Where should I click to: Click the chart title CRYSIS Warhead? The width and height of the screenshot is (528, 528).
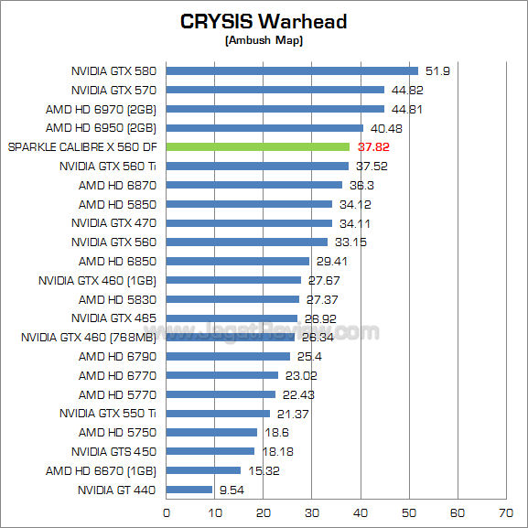pyautogui.click(x=264, y=21)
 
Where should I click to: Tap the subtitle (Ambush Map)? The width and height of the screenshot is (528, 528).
pyautogui.click(x=264, y=40)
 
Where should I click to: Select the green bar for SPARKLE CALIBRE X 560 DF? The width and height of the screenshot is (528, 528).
pyautogui.click(x=257, y=146)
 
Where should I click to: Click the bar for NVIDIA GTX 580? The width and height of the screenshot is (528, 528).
pyautogui.click(x=292, y=70)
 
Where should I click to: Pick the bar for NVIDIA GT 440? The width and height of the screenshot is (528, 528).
pyautogui.click(x=189, y=490)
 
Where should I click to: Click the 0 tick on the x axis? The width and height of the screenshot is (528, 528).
pyautogui.click(x=166, y=512)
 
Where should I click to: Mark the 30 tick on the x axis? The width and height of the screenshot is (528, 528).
pyautogui.click(x=312, y=512)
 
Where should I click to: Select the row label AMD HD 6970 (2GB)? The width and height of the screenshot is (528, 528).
pyautogui.click(x=102, y=109)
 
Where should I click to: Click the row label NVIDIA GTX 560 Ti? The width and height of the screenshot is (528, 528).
pyautogui.click(x=108, y=166)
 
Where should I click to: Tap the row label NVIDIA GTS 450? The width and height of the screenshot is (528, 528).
pyautogui.click(x=114, y=451)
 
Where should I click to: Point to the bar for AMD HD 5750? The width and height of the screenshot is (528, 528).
pyautogui.click(x=211, y=432)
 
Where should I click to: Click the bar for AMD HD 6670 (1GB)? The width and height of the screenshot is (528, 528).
pyautogui.click(x=203, y=470)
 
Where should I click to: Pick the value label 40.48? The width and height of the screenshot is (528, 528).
pyautogui.click(x=388, y=128)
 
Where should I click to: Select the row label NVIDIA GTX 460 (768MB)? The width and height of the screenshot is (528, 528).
pyautogui.click(x=89, y=337)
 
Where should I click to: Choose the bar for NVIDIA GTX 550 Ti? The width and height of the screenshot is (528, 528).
pyautogui.click(x=218, y=414)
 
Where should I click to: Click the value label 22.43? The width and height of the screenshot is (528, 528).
pyautogui.click(x=297, y=394)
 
